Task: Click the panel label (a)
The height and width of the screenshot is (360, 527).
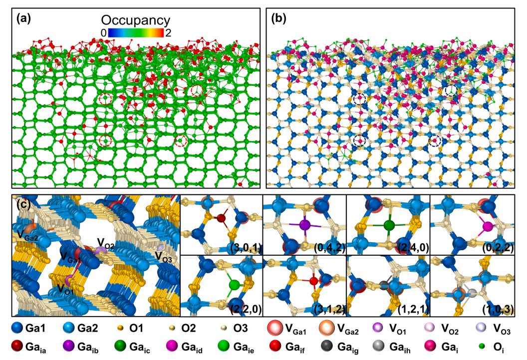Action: click(23, 19)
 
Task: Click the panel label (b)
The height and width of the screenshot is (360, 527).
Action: click(278, 19)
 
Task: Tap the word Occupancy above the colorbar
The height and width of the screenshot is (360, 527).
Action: click(136, 20)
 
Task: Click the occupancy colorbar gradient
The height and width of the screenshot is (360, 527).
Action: click(136, 32)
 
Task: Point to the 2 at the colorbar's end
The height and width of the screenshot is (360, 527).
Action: click(168, 33)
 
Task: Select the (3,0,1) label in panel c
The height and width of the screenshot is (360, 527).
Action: click(246, 248)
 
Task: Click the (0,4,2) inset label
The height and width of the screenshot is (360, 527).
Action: click(329, 248)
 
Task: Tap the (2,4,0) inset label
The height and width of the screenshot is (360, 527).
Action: click(413, 248)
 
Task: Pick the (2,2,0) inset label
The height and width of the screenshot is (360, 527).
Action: click(246, 309)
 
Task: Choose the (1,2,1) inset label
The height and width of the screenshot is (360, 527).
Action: click(413, 309)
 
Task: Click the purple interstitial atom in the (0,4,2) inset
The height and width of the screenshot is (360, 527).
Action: click(305, 225)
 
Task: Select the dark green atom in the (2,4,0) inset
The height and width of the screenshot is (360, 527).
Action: click(389, 225)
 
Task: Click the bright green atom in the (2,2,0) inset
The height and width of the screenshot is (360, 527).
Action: click(234, 285)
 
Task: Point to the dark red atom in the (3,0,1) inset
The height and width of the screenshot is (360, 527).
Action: click(221, 218)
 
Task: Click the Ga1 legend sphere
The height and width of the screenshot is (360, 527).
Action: click(17, 328)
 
